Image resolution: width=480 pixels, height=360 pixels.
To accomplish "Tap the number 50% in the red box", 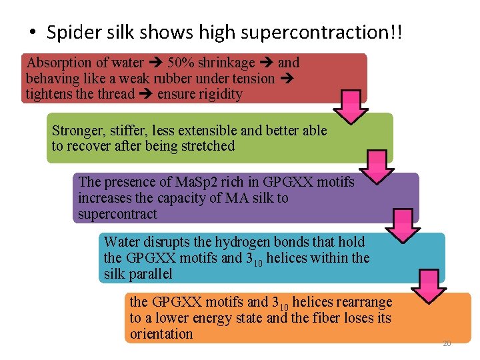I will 179,63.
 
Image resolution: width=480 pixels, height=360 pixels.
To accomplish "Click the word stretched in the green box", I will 207,146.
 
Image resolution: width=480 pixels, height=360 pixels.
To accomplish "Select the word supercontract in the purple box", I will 117,214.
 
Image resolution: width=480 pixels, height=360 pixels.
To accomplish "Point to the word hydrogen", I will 251,241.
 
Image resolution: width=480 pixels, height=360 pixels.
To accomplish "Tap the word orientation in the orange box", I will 161,334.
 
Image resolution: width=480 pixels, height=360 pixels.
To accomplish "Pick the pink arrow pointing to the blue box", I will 403,223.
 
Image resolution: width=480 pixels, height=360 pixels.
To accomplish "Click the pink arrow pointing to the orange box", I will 428,285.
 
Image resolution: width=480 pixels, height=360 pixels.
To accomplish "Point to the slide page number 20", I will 447,343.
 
